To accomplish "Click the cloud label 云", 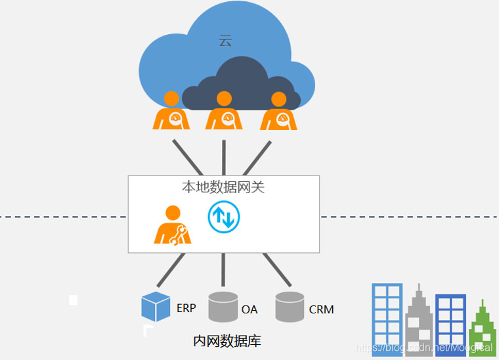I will coord(225,41).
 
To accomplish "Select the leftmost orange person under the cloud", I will coord(171,112).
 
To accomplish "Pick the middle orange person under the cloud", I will coord(224,112).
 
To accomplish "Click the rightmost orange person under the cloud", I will coord(278,112).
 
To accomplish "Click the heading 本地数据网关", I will coord(223,187).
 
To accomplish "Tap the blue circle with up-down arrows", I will coord(224,217).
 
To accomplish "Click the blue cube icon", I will coord(156,307).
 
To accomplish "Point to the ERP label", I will coord(186,308).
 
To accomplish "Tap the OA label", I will coord(249,309).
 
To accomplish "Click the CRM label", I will coord(322,309).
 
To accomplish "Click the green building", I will coord(482,332).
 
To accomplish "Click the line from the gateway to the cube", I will coord(171,269).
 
